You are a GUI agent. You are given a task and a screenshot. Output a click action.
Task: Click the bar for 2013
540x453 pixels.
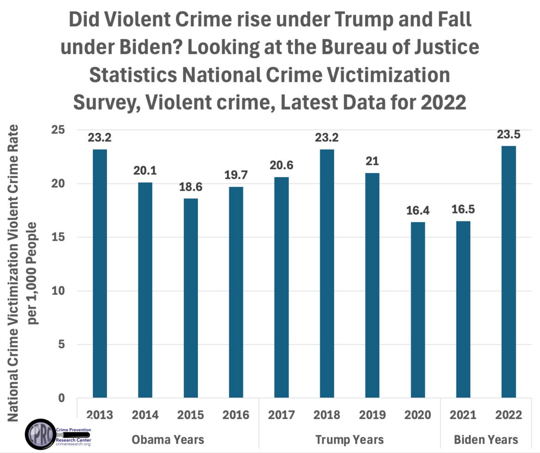[x=100, y=273]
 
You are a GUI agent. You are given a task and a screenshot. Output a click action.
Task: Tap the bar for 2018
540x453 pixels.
[x=327, y=273]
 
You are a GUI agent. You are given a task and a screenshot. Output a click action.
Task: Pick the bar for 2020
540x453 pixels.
[x=418, y=310]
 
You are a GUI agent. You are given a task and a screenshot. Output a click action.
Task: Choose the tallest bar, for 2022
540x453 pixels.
[x=509, y=272]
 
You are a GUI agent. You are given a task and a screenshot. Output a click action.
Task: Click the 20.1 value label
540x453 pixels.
[x=145, y=171]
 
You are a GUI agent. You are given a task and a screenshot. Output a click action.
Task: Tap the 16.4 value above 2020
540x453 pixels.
[x=418, y=210]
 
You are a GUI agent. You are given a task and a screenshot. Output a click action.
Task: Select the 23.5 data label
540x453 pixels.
[x=509, y=134]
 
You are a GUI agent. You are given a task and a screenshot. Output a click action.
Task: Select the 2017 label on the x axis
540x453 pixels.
[x=282, y=415]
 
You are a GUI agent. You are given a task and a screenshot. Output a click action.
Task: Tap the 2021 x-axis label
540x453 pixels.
[x=463, y=415]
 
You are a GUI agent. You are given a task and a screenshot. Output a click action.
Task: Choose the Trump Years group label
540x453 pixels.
[x=349, y=439]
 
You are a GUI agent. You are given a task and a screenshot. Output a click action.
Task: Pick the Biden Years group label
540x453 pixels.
[x=486, y=439]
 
